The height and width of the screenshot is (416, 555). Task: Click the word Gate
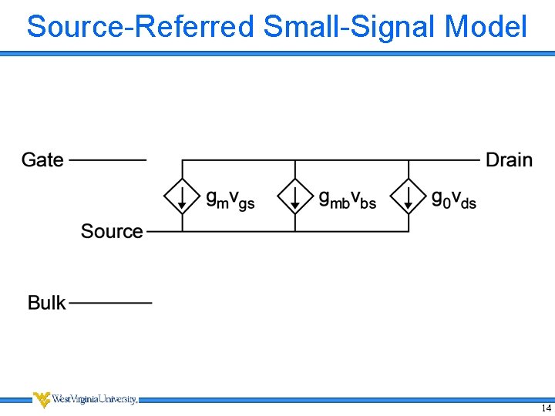point(42,159)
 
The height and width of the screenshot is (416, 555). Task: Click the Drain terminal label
point(509,159)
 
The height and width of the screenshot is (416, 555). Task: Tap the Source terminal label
point(112,231)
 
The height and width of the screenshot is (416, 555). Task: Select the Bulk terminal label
point(47,303)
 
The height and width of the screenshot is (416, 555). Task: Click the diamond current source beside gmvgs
point(182,196)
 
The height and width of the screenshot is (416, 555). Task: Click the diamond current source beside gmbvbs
point(295,196)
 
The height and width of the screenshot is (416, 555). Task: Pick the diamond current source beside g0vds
point(409,196)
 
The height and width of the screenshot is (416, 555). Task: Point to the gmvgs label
point(230,199)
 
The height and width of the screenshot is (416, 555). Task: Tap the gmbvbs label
point(347,199)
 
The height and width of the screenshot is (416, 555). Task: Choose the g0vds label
point(453,199)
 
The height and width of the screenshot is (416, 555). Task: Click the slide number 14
point(546,408)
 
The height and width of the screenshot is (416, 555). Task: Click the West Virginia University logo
point(85,399)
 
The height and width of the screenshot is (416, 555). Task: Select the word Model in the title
point(486,26)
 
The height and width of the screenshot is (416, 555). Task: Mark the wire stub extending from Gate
point(108,160)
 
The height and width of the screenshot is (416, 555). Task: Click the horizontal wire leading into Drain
point(443,160)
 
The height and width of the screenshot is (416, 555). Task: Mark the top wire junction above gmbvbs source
point(295,160)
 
